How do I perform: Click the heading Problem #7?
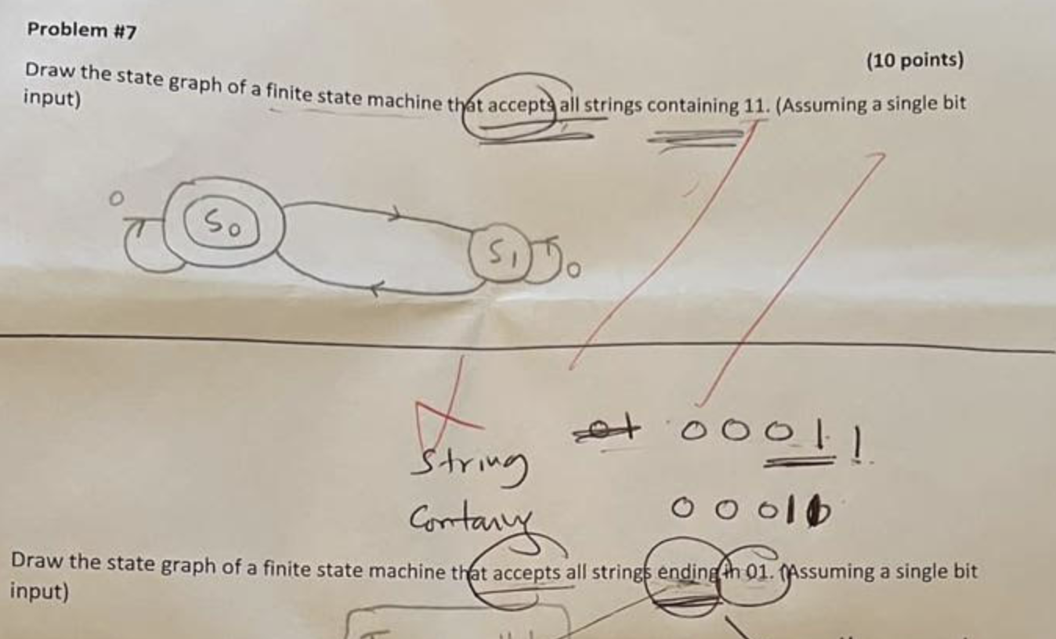click(x=81, y=31)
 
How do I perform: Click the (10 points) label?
click(x=914, y=60)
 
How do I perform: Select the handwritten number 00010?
click(x=750, y=510)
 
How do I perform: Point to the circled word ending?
click(x=682, y=570)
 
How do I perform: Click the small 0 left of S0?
click(x=116, y=200)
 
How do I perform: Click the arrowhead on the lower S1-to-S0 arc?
click(x=376, y=290)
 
